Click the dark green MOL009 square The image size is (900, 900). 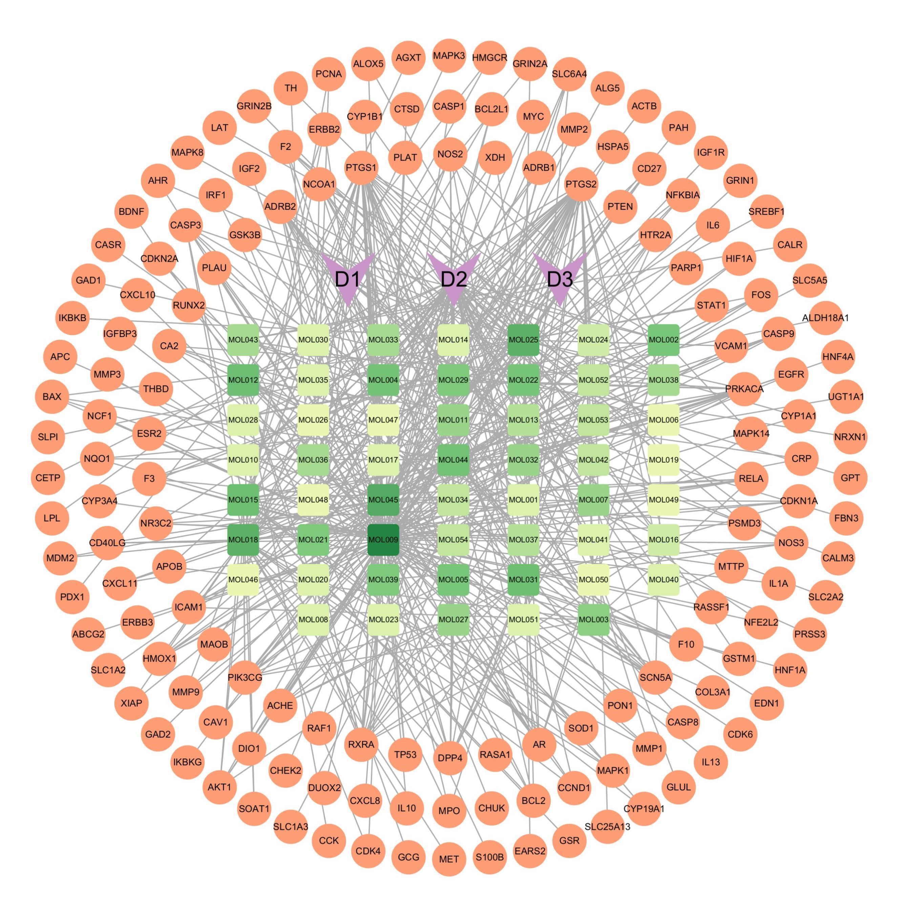coord(383,540)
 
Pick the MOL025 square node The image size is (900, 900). coord(523,340)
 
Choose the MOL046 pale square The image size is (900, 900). coord(243,580)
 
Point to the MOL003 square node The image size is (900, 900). coord(593,620)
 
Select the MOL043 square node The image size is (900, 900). coord(243,340)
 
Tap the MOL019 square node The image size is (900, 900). coord(663,460)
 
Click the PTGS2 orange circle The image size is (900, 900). coord(581,184)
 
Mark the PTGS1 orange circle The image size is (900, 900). coord(361,167)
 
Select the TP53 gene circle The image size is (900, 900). coord(405,754)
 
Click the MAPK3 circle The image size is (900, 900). coord(449,56)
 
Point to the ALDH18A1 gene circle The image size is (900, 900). coord(825,318)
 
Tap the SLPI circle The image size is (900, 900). coord(48,437)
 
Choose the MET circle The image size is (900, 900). coord(449,859)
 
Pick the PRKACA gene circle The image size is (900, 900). coord(744,389)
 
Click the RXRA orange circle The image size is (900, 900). coord(361,744)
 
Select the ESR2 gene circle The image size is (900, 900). coord(149,433)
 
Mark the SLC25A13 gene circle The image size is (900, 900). coord(607,826)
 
